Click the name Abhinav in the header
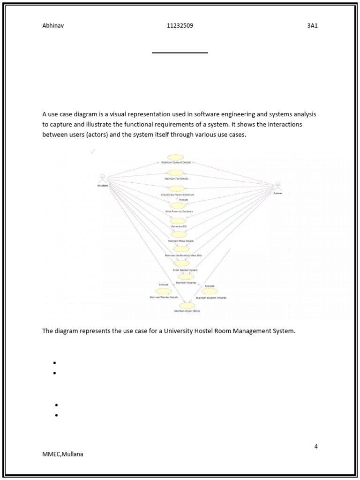tap(53, 26)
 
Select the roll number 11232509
tap(180, 26)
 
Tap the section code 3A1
tap(312, 26)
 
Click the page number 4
tap(316, 446)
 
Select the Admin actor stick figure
tap(277, 187)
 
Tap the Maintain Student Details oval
tap(176, 157)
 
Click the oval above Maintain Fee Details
tap(175, 173)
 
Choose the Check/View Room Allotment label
tap(177, 195)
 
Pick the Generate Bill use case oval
tap(178, 221)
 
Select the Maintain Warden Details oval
tap(164, 291)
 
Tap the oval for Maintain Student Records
tap(210, 291)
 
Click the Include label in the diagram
tap(183, 200)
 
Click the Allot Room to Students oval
tap(178, 205)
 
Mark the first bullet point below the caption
tap(55, 363)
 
